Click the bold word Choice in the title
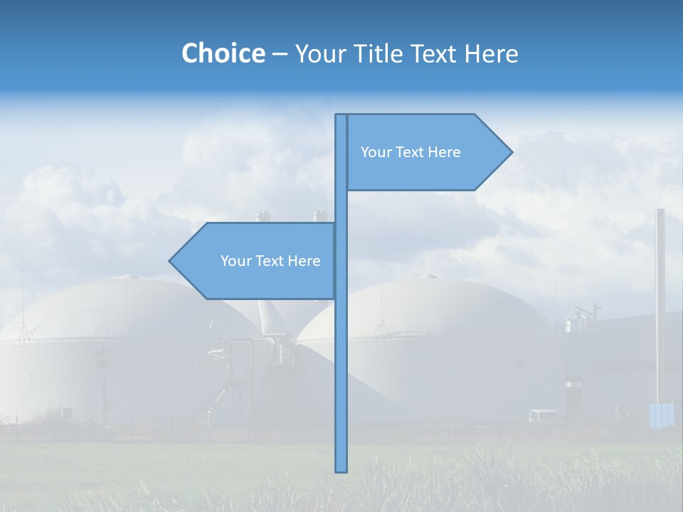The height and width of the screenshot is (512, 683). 223,53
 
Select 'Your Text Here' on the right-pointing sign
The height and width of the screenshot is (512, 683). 411,151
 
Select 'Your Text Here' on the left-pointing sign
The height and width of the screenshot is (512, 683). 270,261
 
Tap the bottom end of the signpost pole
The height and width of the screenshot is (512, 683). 341,469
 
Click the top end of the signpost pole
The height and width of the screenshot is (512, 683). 341,117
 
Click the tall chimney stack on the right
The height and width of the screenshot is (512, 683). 660,299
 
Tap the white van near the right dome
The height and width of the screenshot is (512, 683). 544,415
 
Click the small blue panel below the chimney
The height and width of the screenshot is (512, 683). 662,415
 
